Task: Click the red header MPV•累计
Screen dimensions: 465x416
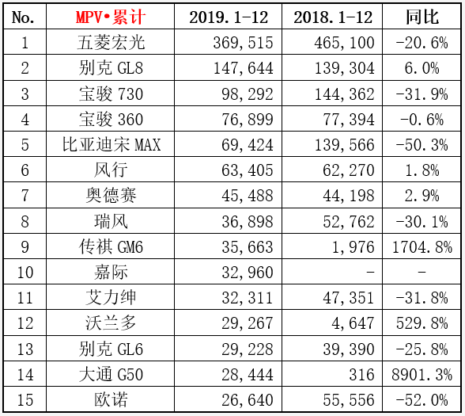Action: tap(111, 17)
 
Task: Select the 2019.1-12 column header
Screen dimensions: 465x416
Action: tap(229, 17)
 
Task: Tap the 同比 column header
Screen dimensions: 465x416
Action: tap(422, 17)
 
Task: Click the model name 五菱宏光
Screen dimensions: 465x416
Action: tap(111, 43)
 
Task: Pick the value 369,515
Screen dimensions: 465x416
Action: tap(243, 43)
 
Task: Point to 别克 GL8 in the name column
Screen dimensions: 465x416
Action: tap(111, 68)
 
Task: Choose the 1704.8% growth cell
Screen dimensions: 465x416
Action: tap(422, 247)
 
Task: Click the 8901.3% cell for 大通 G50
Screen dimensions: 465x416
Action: tap(422, 375)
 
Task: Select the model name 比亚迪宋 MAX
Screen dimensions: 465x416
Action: tap(112, 145)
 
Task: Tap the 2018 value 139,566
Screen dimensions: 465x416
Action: tap(344, 145)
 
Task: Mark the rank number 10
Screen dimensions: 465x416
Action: tap(25, 273)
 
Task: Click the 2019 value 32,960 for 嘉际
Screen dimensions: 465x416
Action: tap(247, 273)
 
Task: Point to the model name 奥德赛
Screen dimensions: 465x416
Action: tap(111, 196)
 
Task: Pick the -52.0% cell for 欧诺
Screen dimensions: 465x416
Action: tap(422, 400)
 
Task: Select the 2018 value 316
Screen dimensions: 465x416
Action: tap(362, 375)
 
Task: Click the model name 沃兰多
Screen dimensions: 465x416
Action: tap(111, 323)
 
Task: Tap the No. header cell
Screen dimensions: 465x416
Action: tap(23, 17)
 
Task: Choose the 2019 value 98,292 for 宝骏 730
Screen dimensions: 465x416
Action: tap(247, 94)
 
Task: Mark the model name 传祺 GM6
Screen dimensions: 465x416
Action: tap(111, 247)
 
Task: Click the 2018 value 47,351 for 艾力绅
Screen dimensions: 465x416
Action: tap(349, 298)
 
